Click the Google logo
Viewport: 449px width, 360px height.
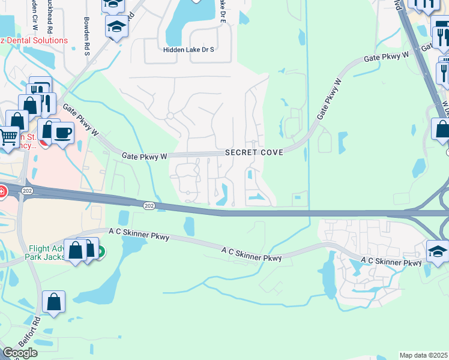[20, 353]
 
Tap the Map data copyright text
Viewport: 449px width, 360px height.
[424, 355]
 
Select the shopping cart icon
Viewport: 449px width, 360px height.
[8, 137]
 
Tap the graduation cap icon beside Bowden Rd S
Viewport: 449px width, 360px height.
[116, 26]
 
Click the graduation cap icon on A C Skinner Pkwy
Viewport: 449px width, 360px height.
[438, 251]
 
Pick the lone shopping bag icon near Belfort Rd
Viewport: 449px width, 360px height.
[54, 302]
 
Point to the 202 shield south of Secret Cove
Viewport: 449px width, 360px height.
[149, 206]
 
